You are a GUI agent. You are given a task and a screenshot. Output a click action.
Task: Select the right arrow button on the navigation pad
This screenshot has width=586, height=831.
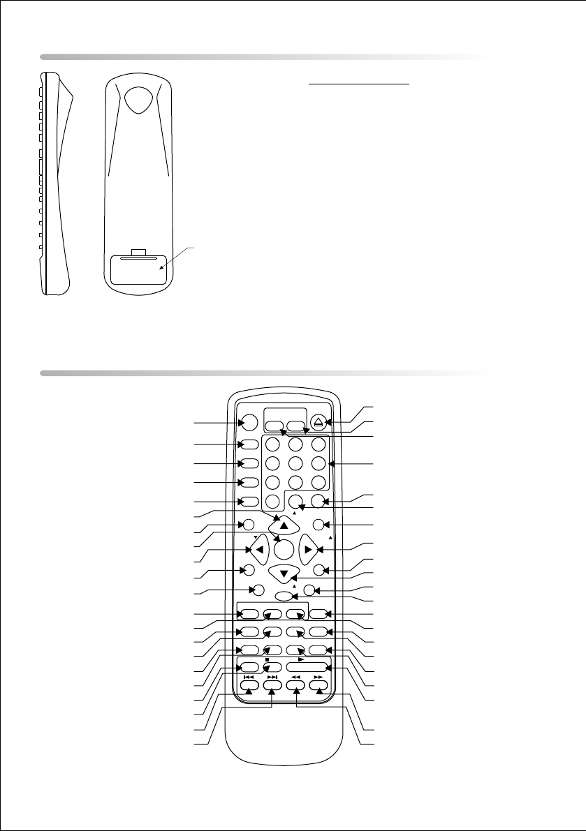(307, 550)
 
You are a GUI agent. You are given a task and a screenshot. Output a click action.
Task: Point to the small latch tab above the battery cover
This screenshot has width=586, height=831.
(138, 252)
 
